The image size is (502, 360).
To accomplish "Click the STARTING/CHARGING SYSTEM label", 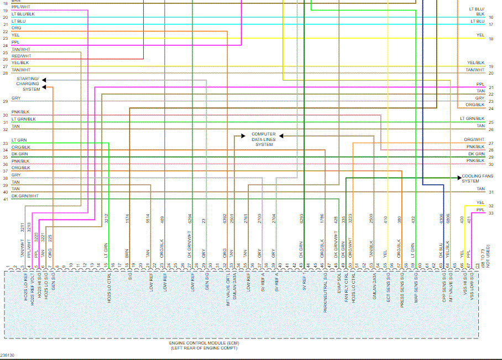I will click(28, 84).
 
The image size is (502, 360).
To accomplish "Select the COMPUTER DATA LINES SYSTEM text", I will click(264, 139).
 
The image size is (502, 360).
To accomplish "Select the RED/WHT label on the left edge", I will click(22, 56).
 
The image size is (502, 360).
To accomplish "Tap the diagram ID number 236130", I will click(8, 355).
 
